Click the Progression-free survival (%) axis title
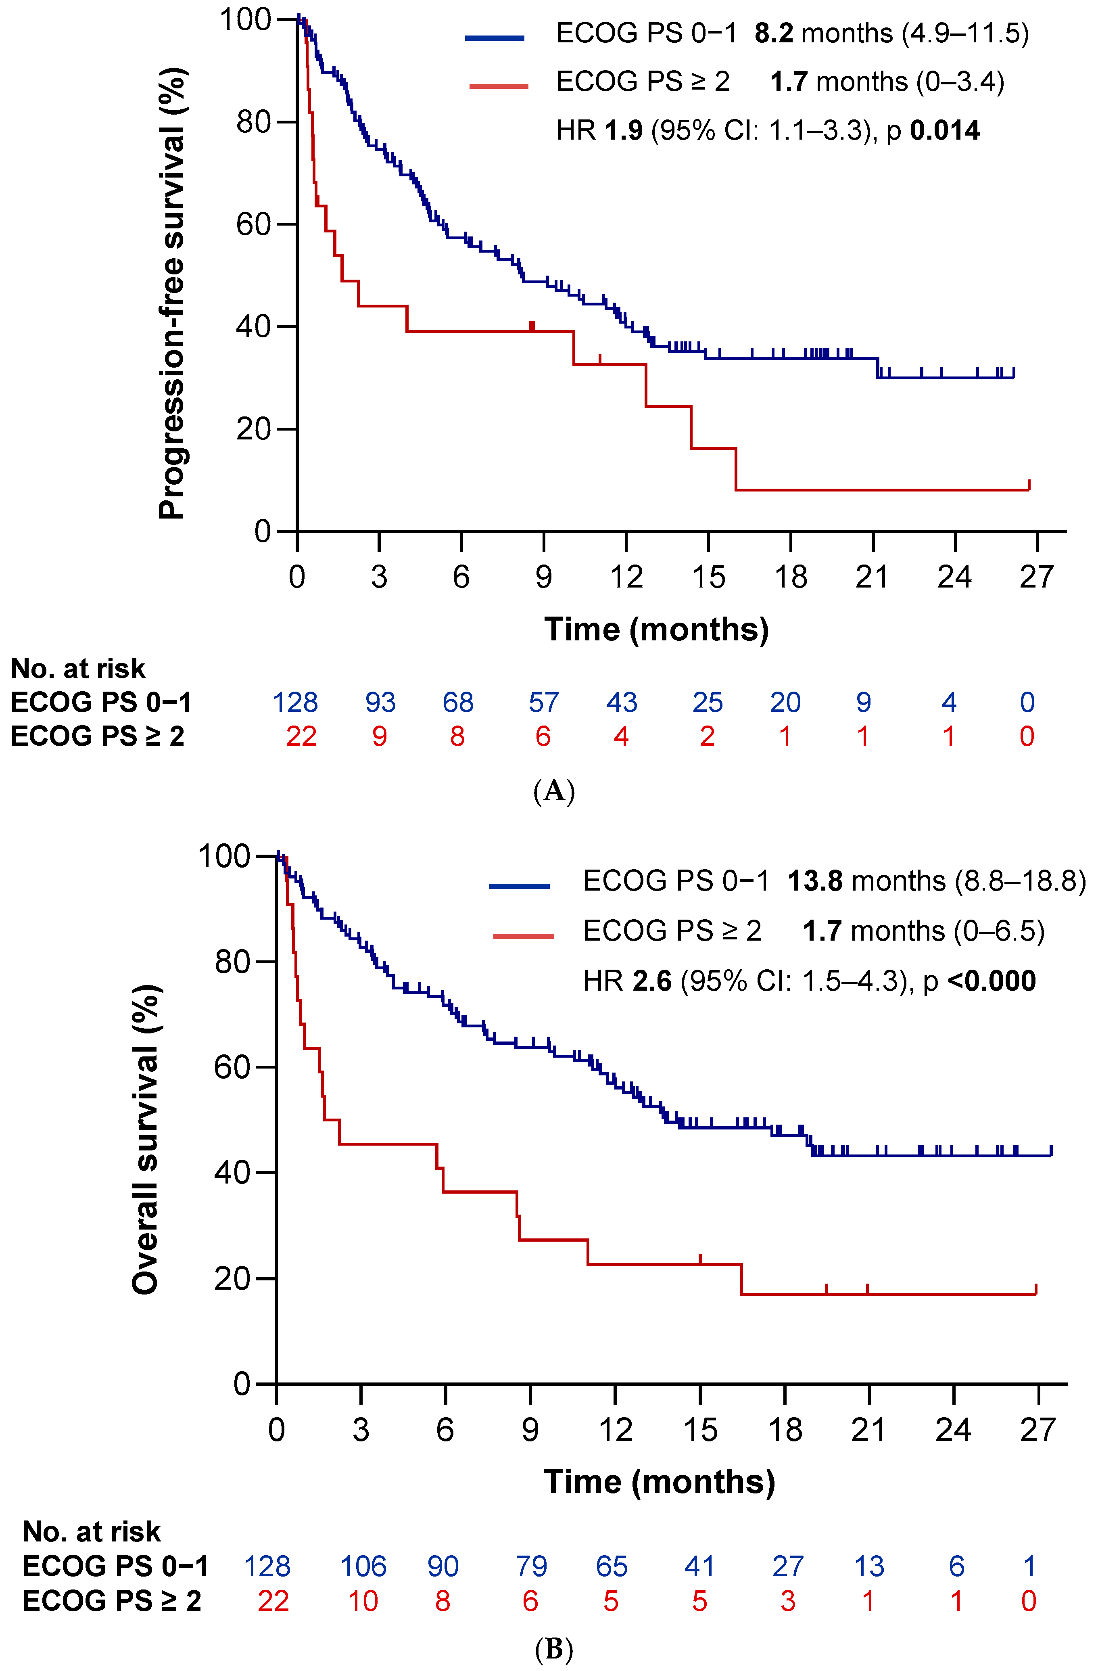click(x=171, y=293)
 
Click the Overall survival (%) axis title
click(x=146, y=1139)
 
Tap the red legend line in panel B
click(x=523, y=936)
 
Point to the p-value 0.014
click(x=944, y=131)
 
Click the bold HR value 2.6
click(x=651, y=981)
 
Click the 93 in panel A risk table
click(x=380, y=702)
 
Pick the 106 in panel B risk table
click(x=363, y=1566)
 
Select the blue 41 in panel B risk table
click(x=699, y=1566)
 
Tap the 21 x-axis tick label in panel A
click(x=872, y=577)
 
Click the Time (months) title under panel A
click(x=656, y=629)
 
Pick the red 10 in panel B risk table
click(x=363, y=1601)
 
